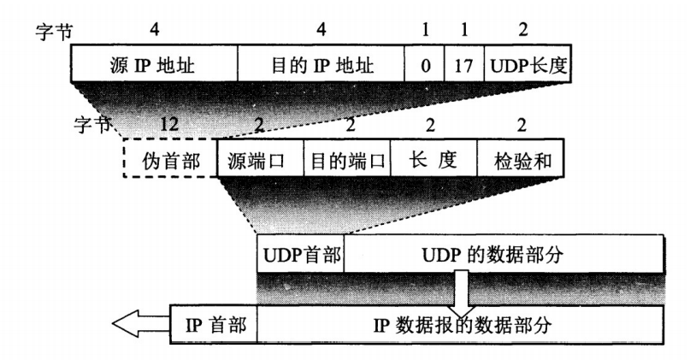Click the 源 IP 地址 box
[x=153, y=65]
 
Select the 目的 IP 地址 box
[x=321, y=65]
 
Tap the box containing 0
[x=425, y=65]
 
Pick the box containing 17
[x=463, y=65]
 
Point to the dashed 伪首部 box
[x=170, y=159]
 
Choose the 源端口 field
[x=261, y=159]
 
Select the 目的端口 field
[x=347, y=159]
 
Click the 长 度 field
[x=433, y=159]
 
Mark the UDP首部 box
[x=300, y=254]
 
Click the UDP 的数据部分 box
[x=506, y=254]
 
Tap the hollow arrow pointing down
[x=462, y=291]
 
